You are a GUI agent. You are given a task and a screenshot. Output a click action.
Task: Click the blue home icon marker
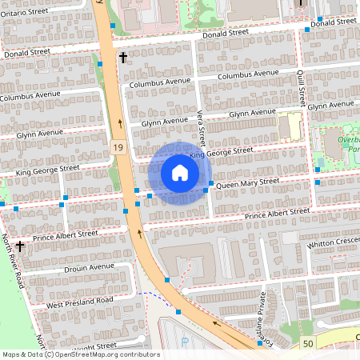[180, 172]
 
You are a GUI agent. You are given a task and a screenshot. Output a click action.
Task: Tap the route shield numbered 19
[118, 148]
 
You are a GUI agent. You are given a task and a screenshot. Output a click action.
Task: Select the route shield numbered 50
[307, 343]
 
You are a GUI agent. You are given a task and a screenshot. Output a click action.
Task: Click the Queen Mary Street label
[247, 183]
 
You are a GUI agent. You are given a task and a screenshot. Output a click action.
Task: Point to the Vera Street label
[202, 128]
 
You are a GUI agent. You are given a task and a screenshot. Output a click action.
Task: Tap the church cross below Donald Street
[123, 57]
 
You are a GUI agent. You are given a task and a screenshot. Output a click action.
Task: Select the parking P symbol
[186, 342]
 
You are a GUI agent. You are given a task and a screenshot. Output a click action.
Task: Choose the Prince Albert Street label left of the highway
[66, 235]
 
